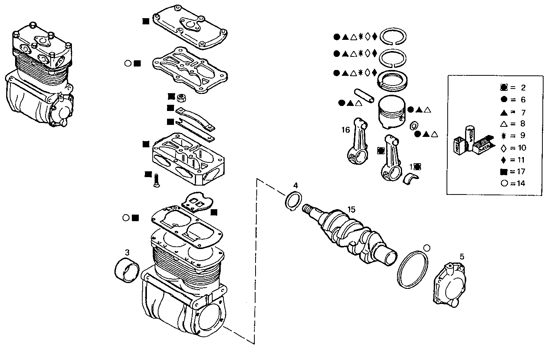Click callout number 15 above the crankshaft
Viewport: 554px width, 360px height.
(x=351, y=210)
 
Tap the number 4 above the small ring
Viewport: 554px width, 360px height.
(x=295, y=186)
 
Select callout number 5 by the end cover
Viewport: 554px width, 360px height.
(x=462, y=256)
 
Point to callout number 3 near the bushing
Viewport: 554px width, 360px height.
(x=127, y=252)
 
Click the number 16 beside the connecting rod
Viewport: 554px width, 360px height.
(x=345, y=130)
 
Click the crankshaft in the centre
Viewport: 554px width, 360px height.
(x=352, y=236)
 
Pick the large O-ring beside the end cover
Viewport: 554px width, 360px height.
(x=413, y=269)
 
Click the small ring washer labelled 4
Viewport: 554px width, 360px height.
(x=293, y=201)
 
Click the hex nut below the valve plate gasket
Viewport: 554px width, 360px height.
(x=181, y=97)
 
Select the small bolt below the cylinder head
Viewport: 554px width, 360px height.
(x=157, y=181)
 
